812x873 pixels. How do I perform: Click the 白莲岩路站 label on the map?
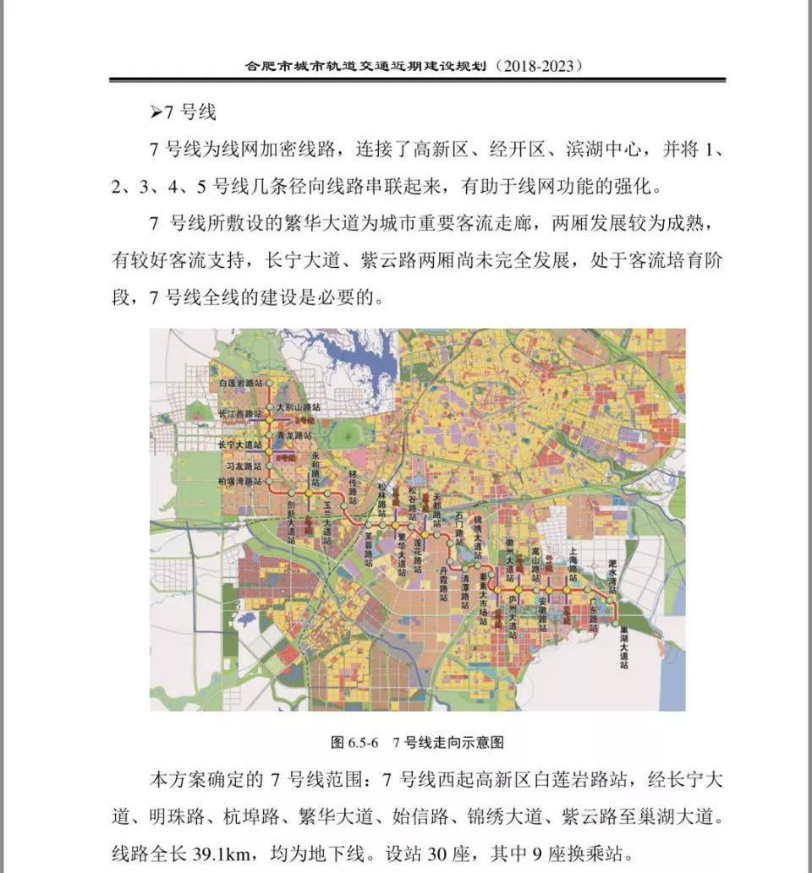point(242,383)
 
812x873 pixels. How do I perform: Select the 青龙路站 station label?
point(294,434)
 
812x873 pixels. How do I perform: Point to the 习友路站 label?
point(243,466)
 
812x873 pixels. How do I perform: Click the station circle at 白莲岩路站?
point(271,383)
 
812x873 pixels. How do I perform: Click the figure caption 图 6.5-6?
point(356,743)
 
